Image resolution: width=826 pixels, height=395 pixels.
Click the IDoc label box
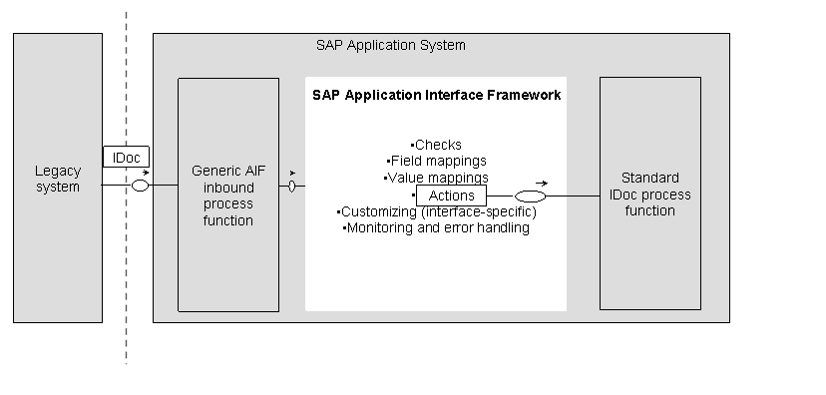coord(127,157)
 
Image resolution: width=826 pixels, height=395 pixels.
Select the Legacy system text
coord(57,179)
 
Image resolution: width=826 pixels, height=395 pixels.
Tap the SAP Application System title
coord(390,46)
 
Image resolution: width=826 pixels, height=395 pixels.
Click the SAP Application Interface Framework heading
coord(436,96)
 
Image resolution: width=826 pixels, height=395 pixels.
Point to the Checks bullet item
coord(437,145)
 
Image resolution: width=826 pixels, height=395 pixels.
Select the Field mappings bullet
coord(437,161)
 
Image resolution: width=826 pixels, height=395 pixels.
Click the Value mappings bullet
coord(437,178)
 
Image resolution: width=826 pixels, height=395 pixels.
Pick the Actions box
coord(451,196)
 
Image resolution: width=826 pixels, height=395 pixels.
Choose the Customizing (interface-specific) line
coord(437,211)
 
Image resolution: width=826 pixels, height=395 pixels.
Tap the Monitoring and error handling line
coord(436,227)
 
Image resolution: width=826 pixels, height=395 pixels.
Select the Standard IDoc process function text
coord(649,195)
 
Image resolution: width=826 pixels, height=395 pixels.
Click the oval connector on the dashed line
coord(141,186)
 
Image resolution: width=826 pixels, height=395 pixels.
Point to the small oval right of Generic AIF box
coord(291,186)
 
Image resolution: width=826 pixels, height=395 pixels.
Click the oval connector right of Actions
coord(530,197)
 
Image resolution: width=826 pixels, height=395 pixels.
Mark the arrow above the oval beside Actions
coord(541,183)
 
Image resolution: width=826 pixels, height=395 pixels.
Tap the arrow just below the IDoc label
coord(146,173)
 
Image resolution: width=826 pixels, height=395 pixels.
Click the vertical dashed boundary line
coord(127,299)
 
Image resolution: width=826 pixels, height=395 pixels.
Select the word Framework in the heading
coord(524,96)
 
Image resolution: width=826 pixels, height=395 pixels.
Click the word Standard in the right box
coord(649,179)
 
